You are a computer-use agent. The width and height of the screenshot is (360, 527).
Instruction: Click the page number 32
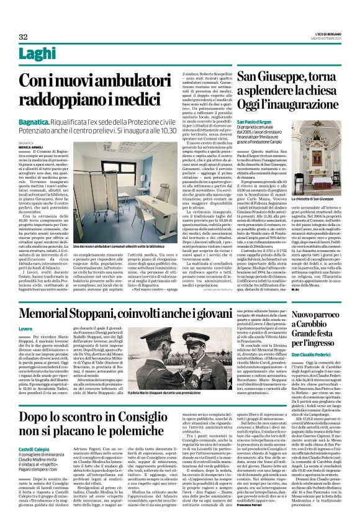pyautogui.click(x=24, y=37)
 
